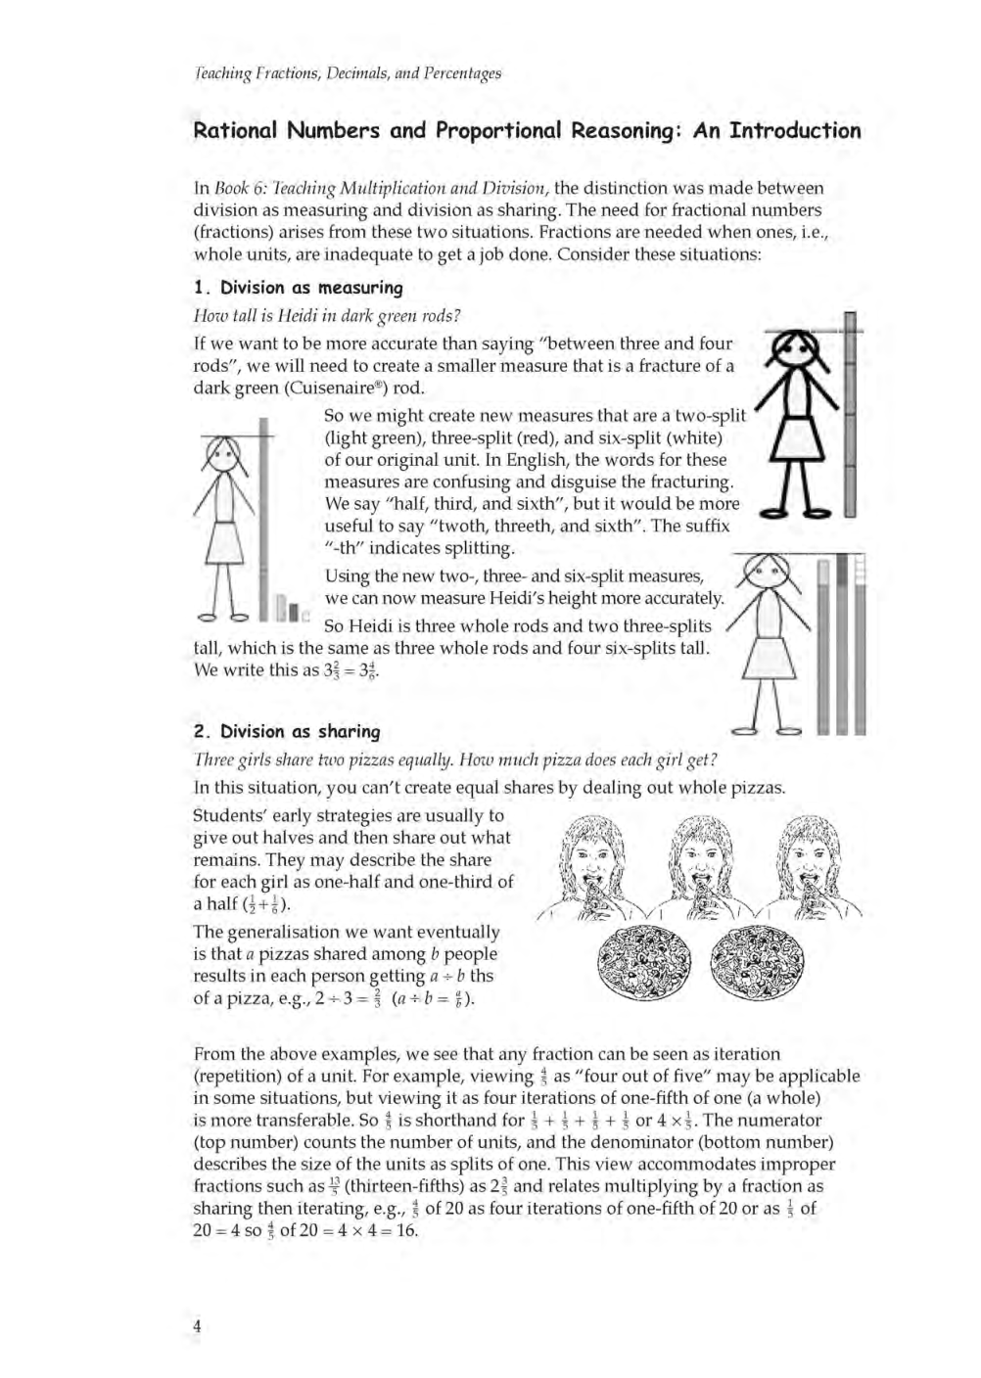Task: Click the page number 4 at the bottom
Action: (198, 1326)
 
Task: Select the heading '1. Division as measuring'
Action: (298, 288)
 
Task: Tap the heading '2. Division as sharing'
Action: (287, 731)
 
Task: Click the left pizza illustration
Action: (645, 962)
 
